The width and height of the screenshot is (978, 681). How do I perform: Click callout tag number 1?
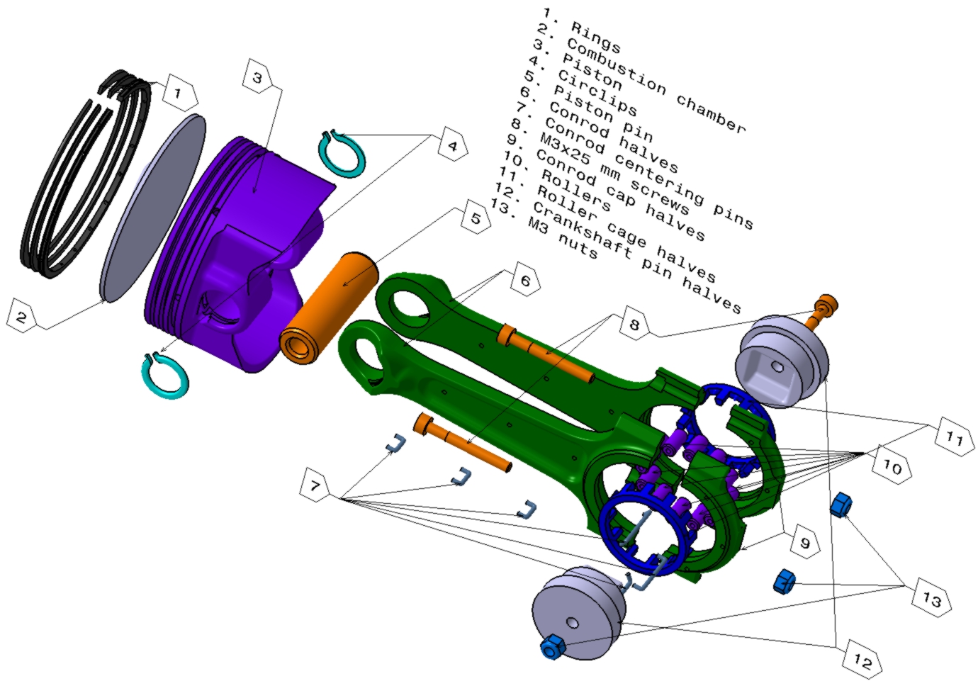[178, 92]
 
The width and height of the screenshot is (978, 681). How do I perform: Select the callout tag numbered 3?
[258, 77]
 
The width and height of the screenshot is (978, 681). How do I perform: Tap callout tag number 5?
[476, 218]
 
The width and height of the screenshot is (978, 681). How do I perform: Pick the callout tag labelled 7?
[315, 486]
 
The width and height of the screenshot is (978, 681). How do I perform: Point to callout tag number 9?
[804, 543]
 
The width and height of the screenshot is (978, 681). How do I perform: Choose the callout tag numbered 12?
[862, 661]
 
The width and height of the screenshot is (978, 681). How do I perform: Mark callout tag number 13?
[931, 599]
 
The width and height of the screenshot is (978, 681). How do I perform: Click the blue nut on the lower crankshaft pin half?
[551, 647]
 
